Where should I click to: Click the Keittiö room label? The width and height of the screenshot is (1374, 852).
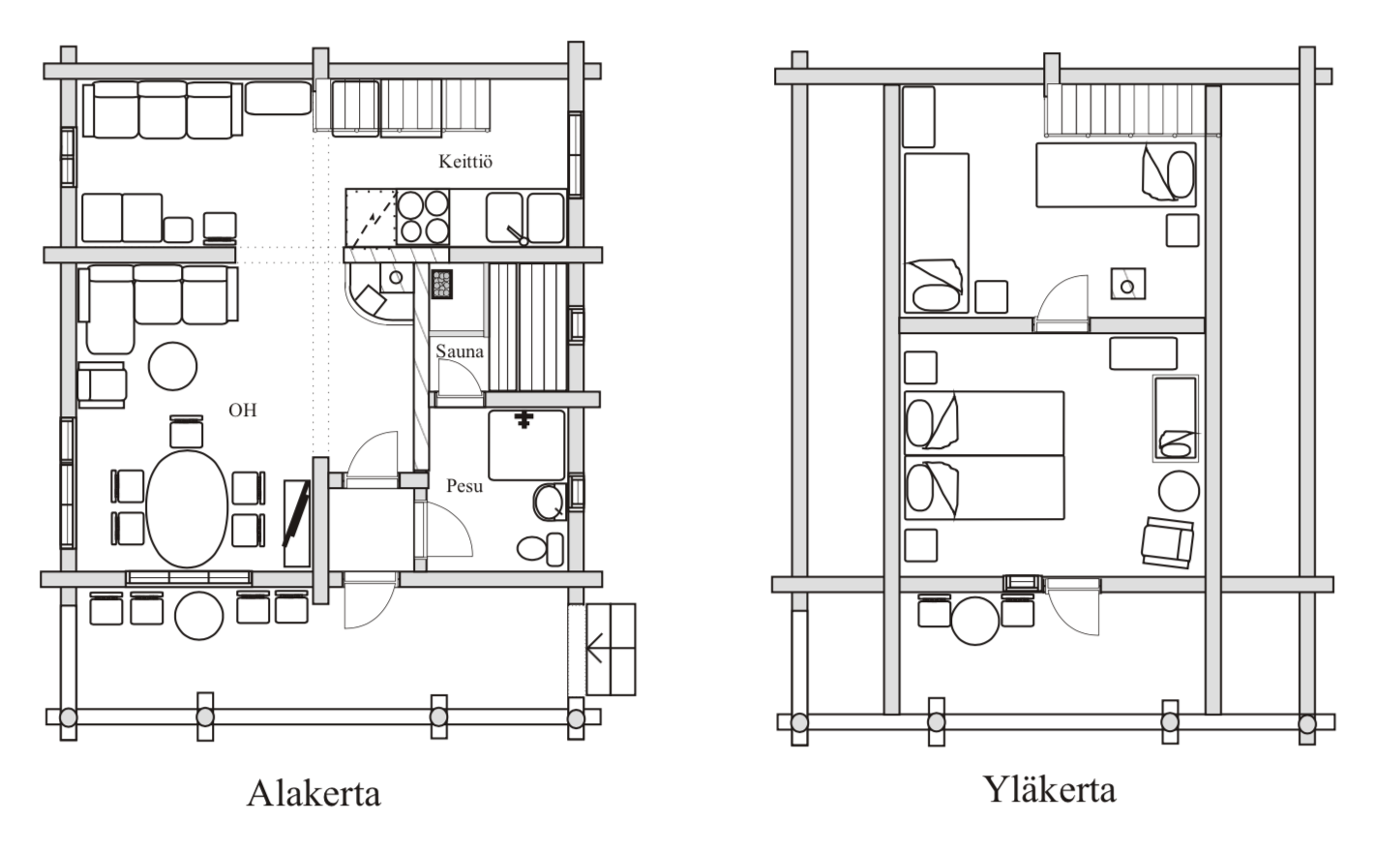coord(465,162)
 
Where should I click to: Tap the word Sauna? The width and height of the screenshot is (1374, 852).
coord(460,351)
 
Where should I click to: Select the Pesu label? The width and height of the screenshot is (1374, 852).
coord(464,486)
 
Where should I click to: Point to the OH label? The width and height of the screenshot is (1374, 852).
coord(242,411)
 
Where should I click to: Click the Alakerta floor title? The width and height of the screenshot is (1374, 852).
coord(314,793)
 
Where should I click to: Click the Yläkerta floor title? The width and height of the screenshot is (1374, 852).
coord(1050,790)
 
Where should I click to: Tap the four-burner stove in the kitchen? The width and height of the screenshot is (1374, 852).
coord(423,217)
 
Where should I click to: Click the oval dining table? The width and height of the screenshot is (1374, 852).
coord(187,509)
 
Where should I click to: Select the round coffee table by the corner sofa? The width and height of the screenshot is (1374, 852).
coord(173,367)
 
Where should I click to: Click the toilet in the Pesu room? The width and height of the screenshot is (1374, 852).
coord(540,549)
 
